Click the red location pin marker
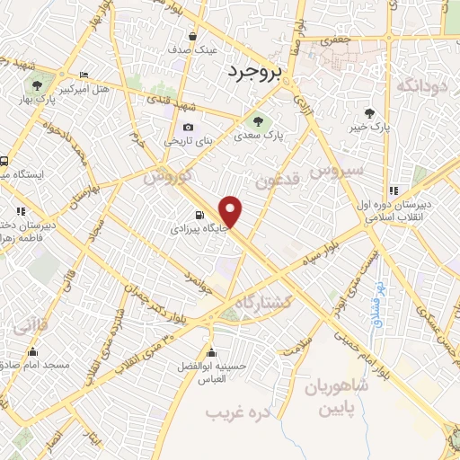[x=232, y=212]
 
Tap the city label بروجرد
[x=254, y=70]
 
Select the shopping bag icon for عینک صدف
[x=193, y=37]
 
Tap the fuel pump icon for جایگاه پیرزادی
[x=199, y=215]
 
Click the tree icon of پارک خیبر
[x=369, y=112]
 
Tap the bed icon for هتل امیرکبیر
[x=84, y=75]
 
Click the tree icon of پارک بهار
[x=36, y=86]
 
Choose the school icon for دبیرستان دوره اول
[x=394, y=190]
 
